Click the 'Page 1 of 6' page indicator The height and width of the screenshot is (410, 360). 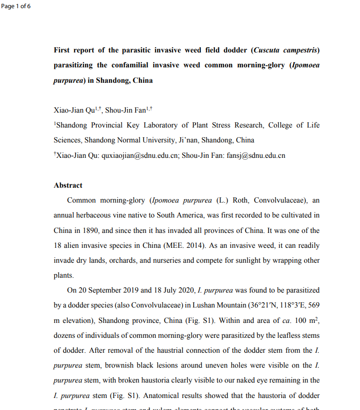16,6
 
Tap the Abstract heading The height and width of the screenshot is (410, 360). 68,185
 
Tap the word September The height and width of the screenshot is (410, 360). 109,291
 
